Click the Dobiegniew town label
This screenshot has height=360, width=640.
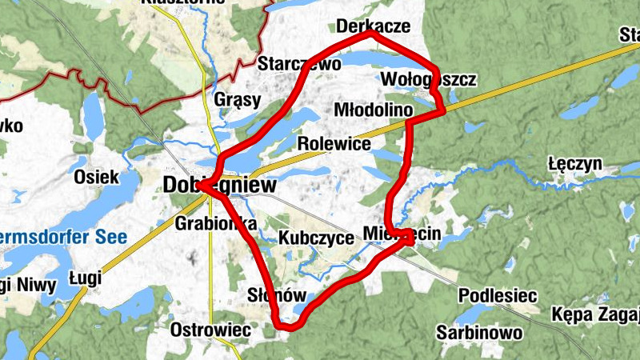tap(219, 186)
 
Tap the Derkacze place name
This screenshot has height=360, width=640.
tap(374, 26)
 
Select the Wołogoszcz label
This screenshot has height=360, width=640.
tap(429, 80)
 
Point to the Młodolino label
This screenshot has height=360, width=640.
tap(372, 109)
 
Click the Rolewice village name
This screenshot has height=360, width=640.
tap(334, 144)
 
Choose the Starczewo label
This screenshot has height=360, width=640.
tap(299, 63)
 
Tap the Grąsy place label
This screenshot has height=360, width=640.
tap(238, 100)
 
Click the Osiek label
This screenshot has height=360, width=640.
tap(96, 177)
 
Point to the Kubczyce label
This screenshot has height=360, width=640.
tap(317, 238)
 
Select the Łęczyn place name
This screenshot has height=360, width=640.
tap(575, 164)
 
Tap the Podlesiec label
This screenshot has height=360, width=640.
tap(497, 296)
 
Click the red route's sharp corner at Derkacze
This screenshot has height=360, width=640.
tap(370, 34)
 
